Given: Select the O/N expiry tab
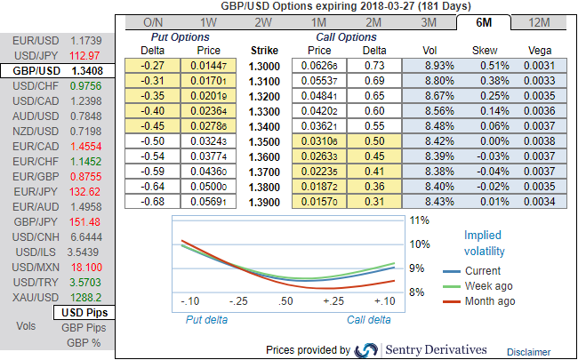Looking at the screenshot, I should click(152, 22).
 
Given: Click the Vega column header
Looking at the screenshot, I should click(540, 51).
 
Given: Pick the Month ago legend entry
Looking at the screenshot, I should click(488, 301).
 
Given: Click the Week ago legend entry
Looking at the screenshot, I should click(488, 286).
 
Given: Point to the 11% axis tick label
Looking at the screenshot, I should click(420, 220).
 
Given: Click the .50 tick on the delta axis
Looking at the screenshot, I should click(284, 302).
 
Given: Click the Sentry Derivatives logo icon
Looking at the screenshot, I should click(366, 350).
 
